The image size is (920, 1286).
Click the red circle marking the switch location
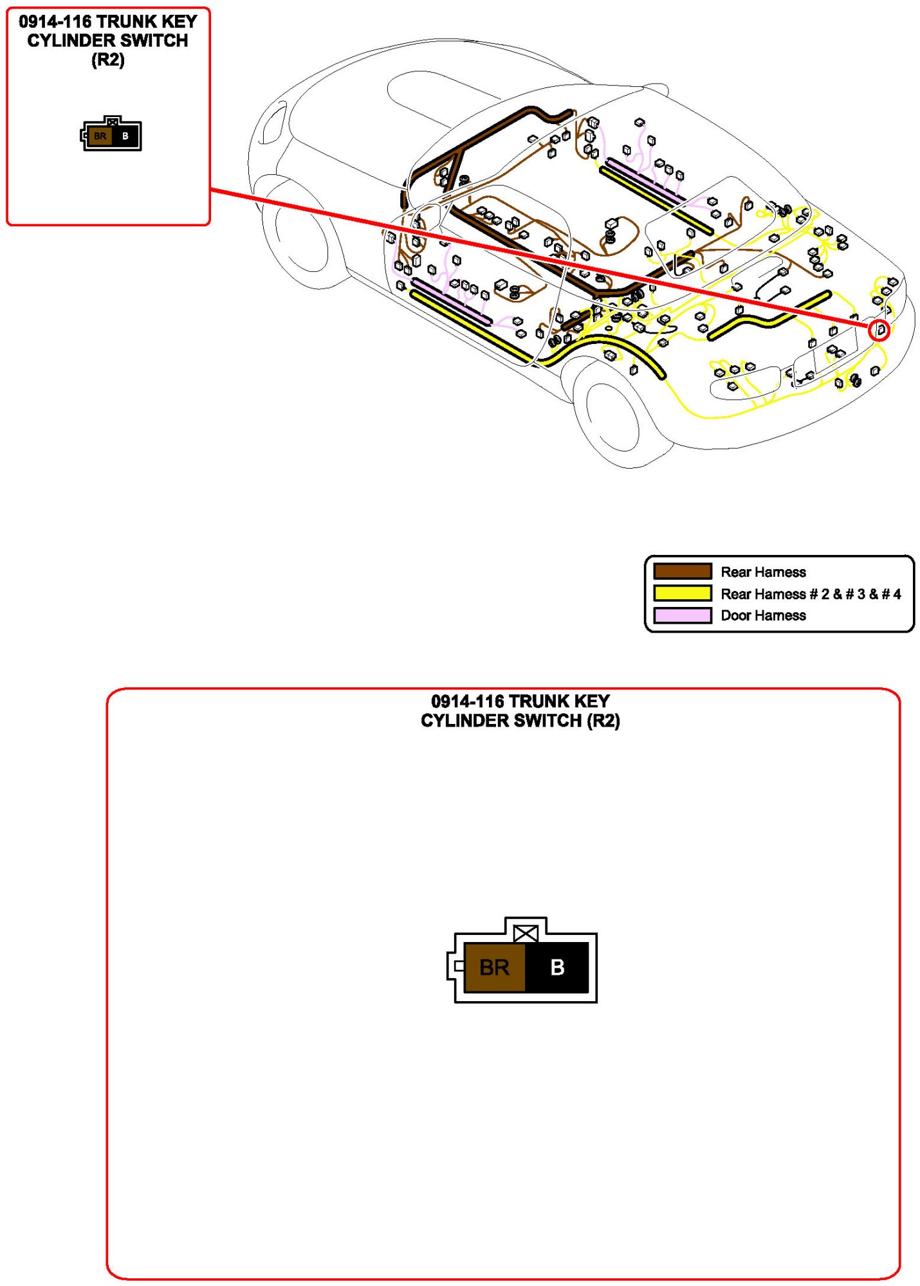879,331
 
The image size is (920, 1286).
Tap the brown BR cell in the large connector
494,967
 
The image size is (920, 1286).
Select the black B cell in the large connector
557,967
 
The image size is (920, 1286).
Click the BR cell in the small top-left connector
100,136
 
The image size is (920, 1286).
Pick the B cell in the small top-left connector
125,136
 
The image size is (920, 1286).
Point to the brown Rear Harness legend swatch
682,571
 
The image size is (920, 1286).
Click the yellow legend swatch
682,593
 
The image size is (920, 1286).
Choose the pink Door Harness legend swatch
682,615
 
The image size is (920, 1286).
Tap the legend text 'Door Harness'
763,615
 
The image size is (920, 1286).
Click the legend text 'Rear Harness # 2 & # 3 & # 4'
811,593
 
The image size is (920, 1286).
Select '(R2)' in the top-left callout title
107,60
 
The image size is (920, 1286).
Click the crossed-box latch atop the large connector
526,933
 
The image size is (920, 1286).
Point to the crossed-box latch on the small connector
113,121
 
